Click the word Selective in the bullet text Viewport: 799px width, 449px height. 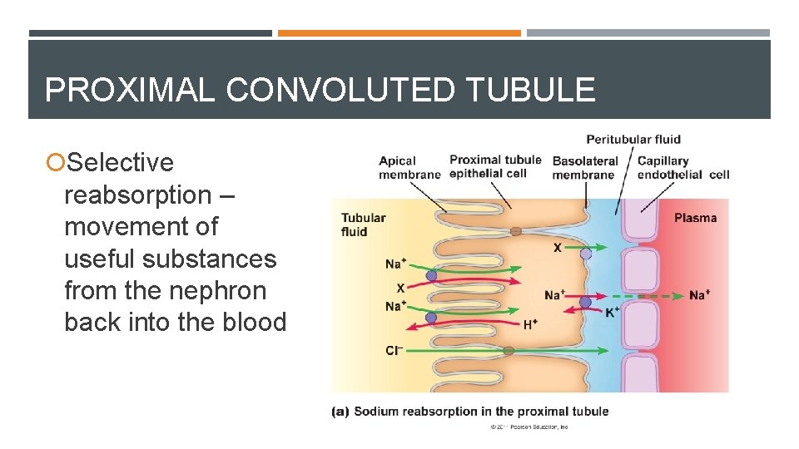click(120, 162)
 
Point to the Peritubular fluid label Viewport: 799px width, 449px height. click(633, 139)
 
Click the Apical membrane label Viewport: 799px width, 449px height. click(409, 167)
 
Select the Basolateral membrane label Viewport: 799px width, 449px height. click(584, 167)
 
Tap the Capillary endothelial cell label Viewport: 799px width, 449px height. click(682, 167)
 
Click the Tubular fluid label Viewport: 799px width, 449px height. click(363, 224)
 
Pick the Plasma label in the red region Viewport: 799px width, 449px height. click(695, 218)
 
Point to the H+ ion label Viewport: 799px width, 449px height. click(530, 325)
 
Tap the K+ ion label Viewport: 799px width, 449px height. click(613, 312)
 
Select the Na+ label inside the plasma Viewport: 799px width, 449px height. click(699, 295)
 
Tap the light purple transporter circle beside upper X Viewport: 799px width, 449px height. click(586, 254)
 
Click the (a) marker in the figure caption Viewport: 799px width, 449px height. click(340, 412)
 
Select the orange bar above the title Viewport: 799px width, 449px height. click(399, 33)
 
